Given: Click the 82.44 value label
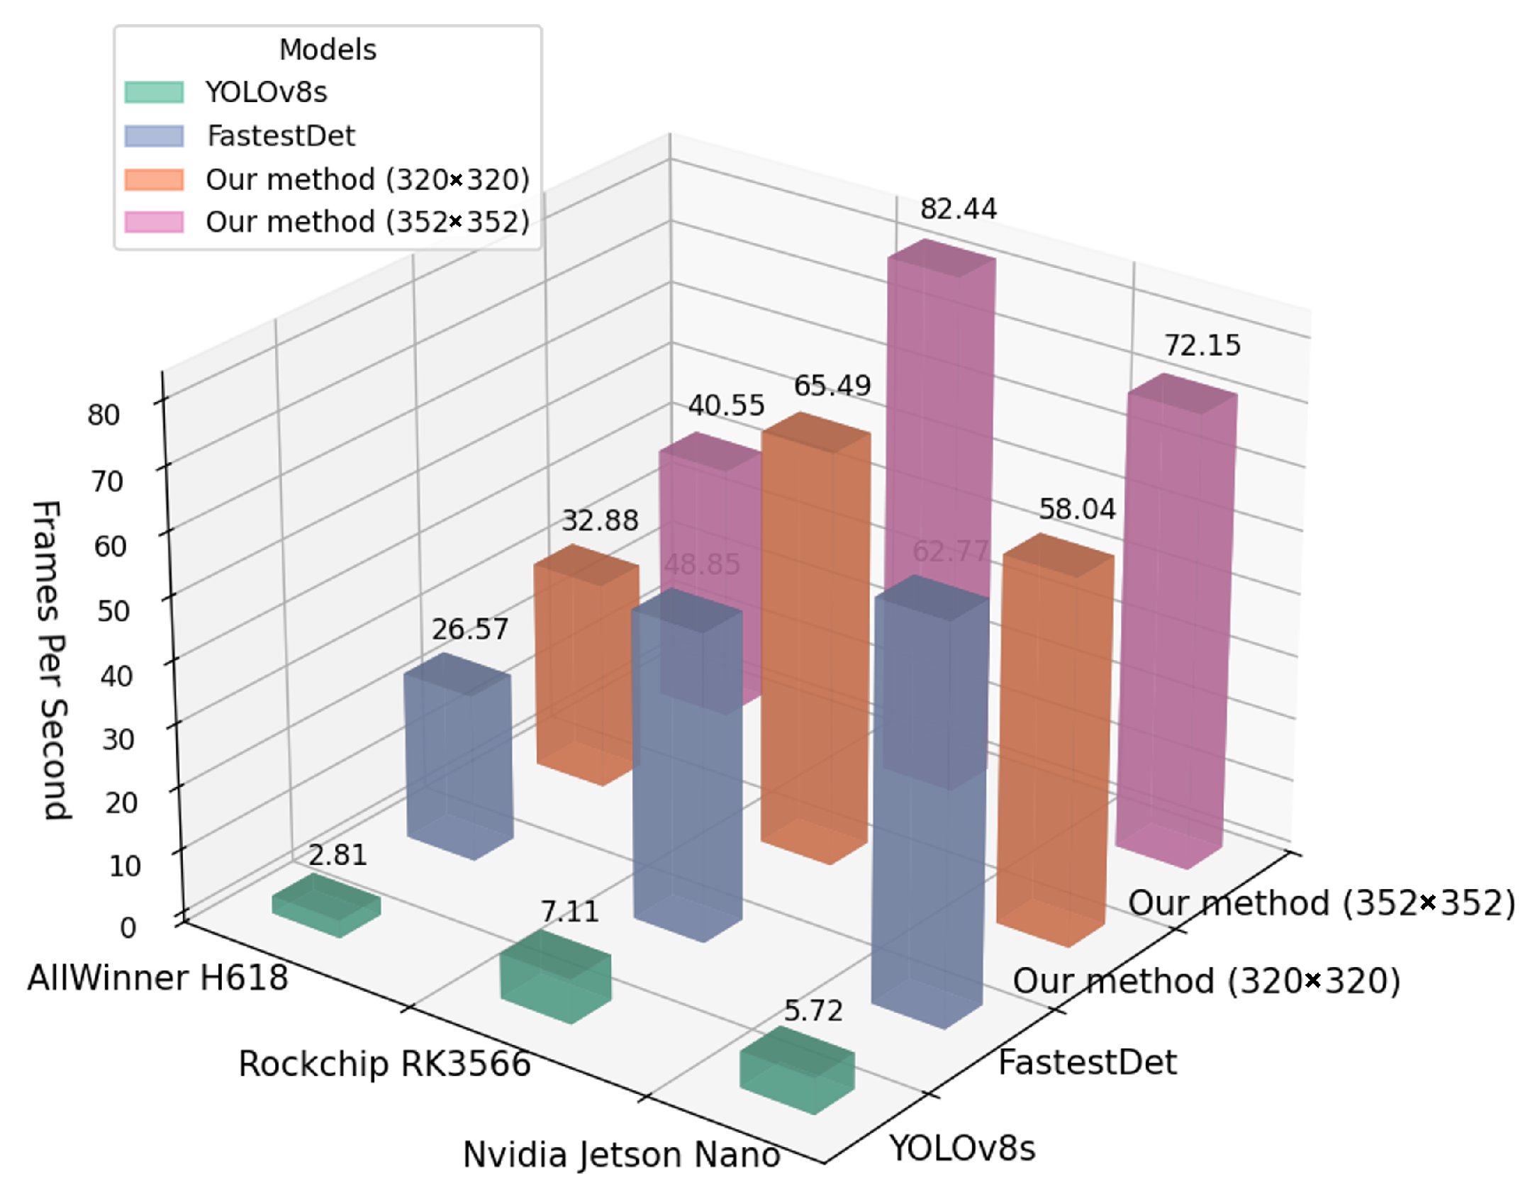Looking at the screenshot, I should pos(958,209).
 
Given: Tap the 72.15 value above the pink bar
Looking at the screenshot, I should pos(1202,346).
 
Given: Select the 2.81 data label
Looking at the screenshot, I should pos(337,856).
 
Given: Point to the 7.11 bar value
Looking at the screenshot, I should pos(569,912).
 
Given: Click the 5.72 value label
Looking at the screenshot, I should pos(813,1011).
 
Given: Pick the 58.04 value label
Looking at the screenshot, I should pos(1077,509).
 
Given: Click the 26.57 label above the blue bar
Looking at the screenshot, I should pos(470,630).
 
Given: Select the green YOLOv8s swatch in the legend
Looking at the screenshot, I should pos(154,92).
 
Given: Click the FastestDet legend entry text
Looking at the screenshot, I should pos(281,136).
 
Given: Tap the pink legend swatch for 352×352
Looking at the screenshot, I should pos(154,222).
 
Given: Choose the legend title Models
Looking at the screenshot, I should pos(328,50).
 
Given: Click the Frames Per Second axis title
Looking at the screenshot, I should pos(51,659).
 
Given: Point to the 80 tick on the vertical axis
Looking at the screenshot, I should pos(104,415).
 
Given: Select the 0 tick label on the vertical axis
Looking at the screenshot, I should pos(128,927).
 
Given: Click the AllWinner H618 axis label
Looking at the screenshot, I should pos(157,978).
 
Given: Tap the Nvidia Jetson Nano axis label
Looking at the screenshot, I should pos(621,1154).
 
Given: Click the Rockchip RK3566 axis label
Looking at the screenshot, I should pos(384,1064).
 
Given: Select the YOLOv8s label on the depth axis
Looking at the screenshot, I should pos(962,1148).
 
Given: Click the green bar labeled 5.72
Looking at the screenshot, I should pos(797,1070).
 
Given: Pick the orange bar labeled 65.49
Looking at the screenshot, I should pos(815,638).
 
